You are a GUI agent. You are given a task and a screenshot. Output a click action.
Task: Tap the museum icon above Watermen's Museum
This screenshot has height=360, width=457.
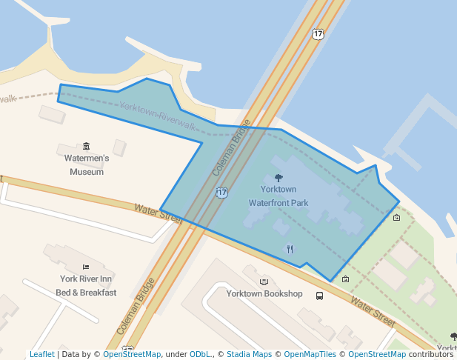click(x=87, y=146)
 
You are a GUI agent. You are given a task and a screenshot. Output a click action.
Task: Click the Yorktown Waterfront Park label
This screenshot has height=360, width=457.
click(x=278, y=196)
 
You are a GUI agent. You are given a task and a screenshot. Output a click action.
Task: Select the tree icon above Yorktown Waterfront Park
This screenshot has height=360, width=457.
click(x=278, y=178)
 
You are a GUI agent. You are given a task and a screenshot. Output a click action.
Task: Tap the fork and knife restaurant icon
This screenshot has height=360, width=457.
click(x=290, y=249)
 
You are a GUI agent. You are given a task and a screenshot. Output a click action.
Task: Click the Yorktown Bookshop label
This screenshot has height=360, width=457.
click(x=264, y=293)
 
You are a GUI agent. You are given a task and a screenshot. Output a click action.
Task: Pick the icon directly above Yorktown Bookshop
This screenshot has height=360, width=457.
click(x=264, y=281)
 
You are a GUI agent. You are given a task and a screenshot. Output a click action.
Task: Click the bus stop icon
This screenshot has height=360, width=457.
click(x=319, y=296)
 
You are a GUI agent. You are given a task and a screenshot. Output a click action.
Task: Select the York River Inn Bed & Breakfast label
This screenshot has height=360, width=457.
click(x=86, y=285)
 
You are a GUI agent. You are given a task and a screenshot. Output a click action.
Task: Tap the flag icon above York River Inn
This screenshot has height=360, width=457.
click(x=86, y=267)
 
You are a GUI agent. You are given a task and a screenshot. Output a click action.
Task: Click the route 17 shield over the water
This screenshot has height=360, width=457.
click(x=318, y=34)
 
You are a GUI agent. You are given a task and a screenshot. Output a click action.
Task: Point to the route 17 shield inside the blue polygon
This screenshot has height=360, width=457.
click(x=221, y=193)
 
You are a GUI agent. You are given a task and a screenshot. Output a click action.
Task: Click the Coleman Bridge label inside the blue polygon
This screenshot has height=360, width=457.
click(x=233, y=148)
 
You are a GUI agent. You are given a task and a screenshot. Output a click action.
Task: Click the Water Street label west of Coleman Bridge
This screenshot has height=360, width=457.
click(x=158, y=213)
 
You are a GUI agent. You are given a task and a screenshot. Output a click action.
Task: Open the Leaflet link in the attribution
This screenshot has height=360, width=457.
click(x=41, y=354)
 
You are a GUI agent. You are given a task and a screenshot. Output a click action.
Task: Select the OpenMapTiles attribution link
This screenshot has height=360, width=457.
click(x=310, y=354)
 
